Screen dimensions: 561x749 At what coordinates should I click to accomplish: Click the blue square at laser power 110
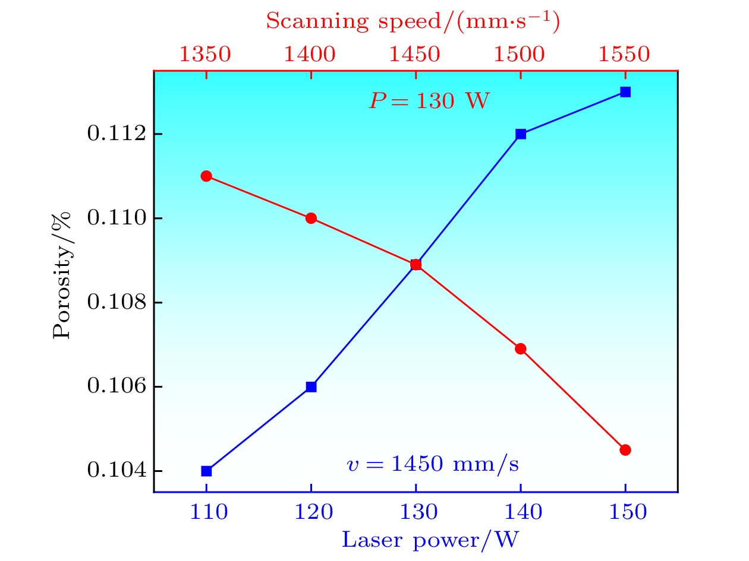click(x=206, y=471)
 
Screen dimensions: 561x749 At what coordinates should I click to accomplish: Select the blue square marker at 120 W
click(x=311, y=386)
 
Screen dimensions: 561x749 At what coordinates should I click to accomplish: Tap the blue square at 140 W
click(x=521, y=134)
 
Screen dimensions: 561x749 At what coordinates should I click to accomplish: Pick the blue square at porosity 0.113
click(x=625, y=92)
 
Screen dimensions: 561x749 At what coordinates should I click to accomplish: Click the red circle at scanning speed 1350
click(x=206, y=176)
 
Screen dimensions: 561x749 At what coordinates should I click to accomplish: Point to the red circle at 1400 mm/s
click(x=311, y=218)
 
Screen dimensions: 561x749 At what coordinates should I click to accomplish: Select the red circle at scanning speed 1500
click(x=521, y=348)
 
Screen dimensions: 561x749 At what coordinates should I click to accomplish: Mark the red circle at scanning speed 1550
click(x=625, y=449)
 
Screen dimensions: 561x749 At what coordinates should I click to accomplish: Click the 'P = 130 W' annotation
click(x=429, y=101)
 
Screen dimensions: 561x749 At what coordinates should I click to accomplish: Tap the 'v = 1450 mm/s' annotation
click(x=432, y=464)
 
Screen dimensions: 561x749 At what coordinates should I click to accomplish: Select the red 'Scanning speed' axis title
click(x=413, y=21)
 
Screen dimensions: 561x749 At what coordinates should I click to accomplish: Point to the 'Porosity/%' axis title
click(x=63, y=275)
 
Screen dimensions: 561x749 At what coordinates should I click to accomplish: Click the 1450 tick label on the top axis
click(x=416, y=54)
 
